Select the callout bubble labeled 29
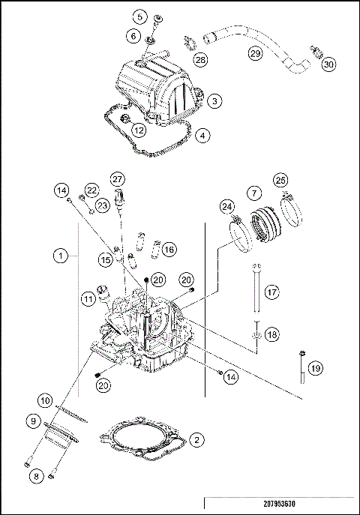[x=255, y=54]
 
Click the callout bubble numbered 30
[x=328, y=64]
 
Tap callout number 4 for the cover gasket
[x=204, y=136]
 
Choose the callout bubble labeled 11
[x=89, y=299]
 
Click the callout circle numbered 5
[x=139, y=16]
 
